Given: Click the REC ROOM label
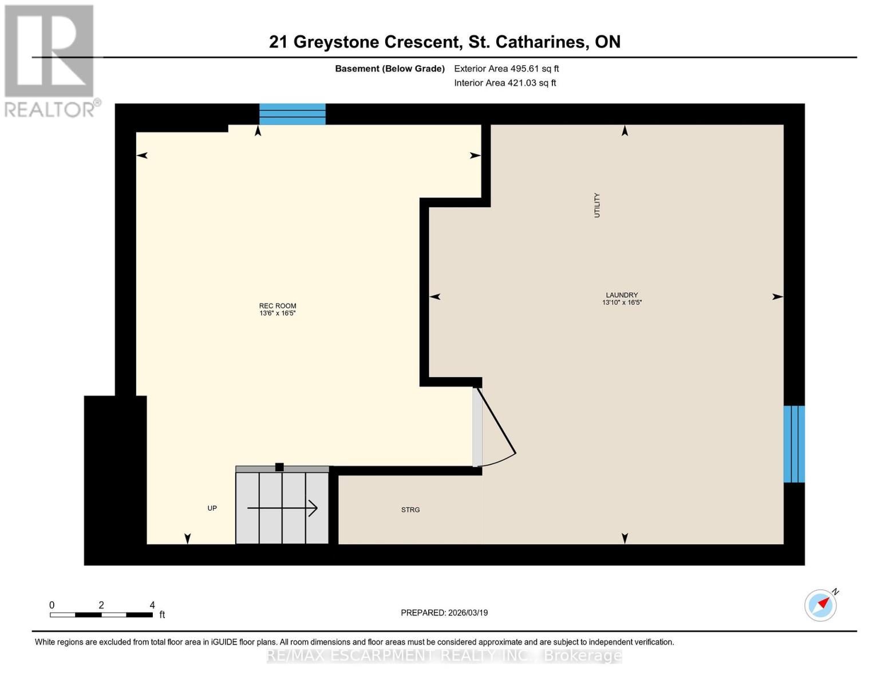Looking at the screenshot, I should point(277,306).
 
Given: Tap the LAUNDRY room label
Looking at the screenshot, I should point(622,295).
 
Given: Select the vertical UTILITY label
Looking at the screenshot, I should point(597,205).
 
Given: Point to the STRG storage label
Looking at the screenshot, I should point(410,510).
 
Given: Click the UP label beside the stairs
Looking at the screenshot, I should point(212,508).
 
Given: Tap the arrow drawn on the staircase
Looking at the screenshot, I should point(283,508).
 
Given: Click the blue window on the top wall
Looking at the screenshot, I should point(293,114).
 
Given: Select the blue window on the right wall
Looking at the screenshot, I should point(794,444).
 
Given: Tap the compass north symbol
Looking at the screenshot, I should point(820,605).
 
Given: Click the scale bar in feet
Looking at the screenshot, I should point(101,614).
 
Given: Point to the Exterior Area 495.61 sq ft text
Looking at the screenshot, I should point(506,69).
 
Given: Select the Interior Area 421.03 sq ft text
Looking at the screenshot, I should point(505,83).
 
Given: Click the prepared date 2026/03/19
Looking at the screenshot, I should point(444,613).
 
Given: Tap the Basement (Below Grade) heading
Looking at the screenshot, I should point(389,69).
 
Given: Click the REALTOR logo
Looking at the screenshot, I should point(50,60).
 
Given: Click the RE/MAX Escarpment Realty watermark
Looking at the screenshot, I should point(444,656).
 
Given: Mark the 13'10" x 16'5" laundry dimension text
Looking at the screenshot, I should point(622,302).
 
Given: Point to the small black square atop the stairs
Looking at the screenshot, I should point(279,467).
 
